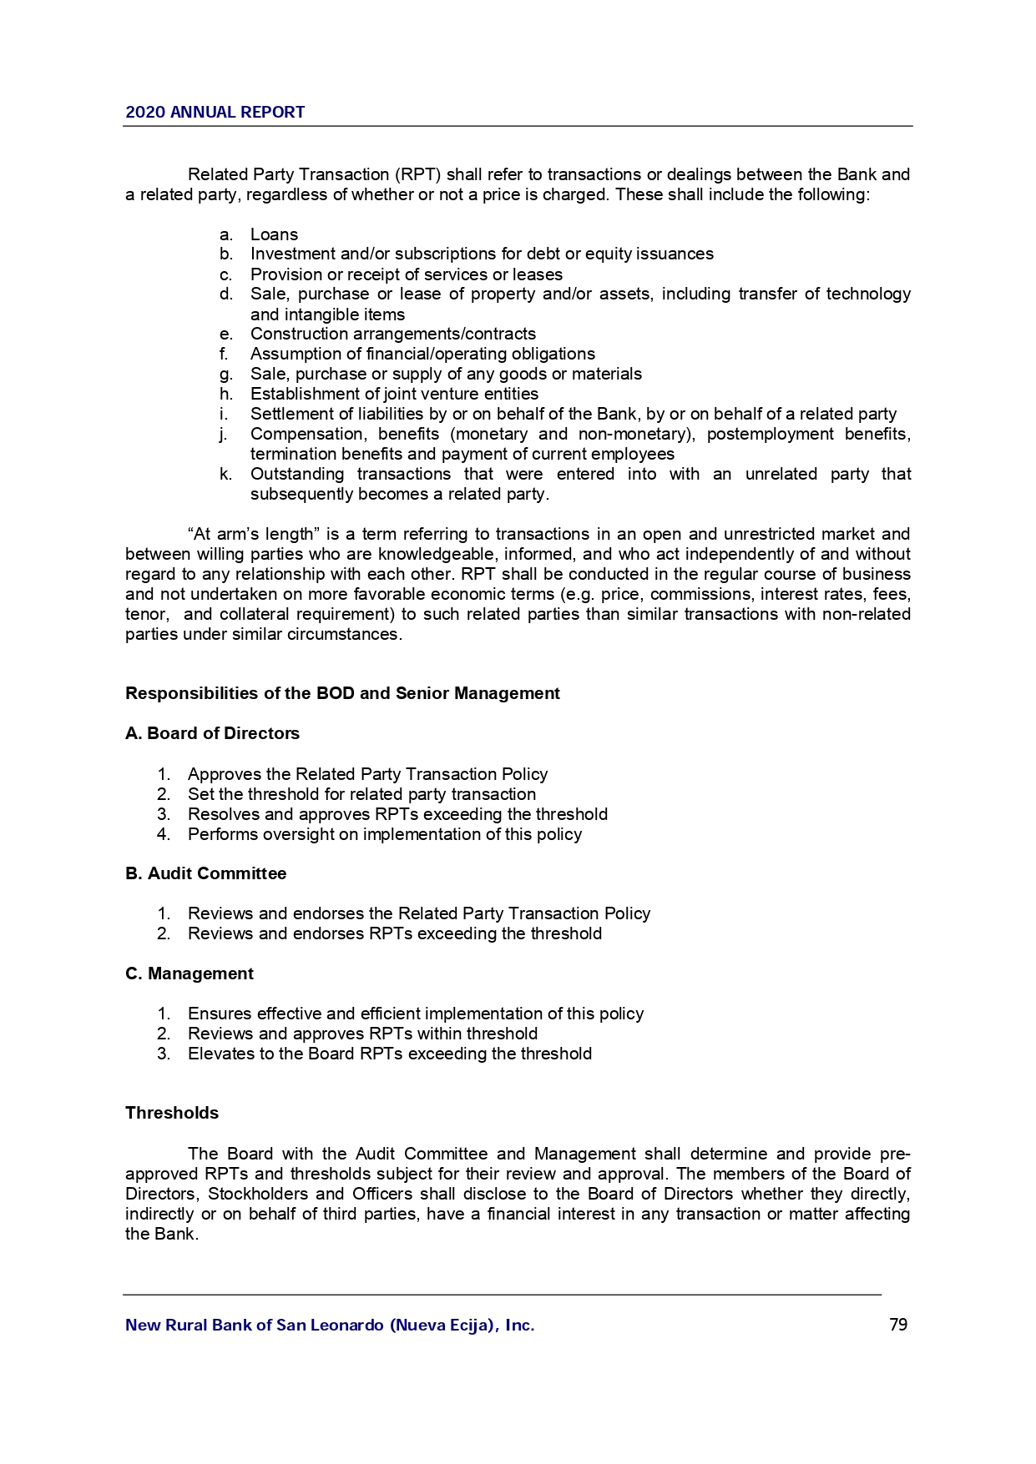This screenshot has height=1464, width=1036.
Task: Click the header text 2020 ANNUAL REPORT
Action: tap(215, 113)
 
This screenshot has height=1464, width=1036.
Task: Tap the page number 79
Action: tap(898, 1325)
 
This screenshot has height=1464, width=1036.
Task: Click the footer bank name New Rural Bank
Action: tap(330, 1325)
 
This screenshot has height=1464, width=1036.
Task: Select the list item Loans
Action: tap(274, 234)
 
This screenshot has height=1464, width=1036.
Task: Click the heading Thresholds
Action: tap(172, 1113)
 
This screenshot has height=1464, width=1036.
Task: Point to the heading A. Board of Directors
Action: tap(212, 733)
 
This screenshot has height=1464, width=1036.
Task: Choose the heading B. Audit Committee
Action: tap(205, 873)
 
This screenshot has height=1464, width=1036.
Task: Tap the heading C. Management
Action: tap(190, 973)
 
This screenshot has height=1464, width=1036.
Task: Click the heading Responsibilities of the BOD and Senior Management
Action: tap(342, 693)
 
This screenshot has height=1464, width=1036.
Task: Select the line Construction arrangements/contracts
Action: tap(393, 334)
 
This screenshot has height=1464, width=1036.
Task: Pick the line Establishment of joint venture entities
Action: tap(394, 394)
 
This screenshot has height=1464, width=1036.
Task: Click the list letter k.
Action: tap(225, 474)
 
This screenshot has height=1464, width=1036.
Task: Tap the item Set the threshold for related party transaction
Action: tap(361, 794)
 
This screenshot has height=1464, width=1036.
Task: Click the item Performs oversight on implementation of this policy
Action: tap(385, 834)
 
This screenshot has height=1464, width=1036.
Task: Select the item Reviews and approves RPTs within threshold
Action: tap(362, 1034)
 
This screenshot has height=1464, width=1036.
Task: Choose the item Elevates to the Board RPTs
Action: tap(390, 1054)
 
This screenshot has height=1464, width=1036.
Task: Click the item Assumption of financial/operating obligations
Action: tap(422, 354)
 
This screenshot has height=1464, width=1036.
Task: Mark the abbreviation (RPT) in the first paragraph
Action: tap(417, 174)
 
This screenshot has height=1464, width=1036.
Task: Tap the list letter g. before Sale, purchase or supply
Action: tap(225, 375)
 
